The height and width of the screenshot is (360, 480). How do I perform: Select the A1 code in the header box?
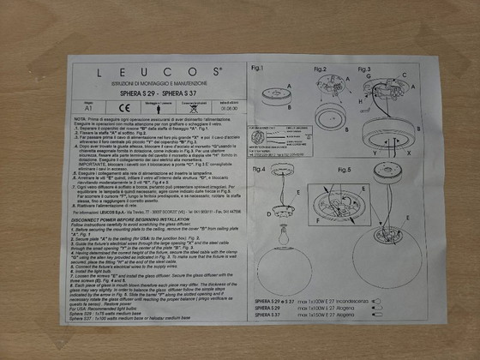click(x=87, y=108)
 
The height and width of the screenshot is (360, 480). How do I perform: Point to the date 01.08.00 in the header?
click(x=225, y=108)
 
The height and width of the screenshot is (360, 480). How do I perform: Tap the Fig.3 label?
click(x=363, y=68)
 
